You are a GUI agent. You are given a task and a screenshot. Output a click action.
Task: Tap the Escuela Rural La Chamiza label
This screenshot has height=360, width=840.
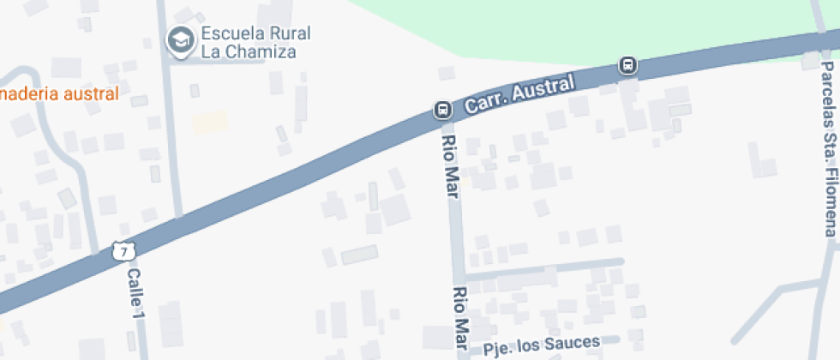255,43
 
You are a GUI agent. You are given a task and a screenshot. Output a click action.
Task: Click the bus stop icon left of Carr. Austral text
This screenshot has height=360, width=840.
442,109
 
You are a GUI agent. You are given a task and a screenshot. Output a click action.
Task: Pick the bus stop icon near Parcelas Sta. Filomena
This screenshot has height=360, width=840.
628,65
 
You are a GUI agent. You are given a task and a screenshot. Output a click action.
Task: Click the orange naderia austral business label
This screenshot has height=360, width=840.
58,93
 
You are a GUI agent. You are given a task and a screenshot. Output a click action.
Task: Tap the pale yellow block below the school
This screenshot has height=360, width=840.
210,122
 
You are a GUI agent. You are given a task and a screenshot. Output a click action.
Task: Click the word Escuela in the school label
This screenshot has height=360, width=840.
232,34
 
